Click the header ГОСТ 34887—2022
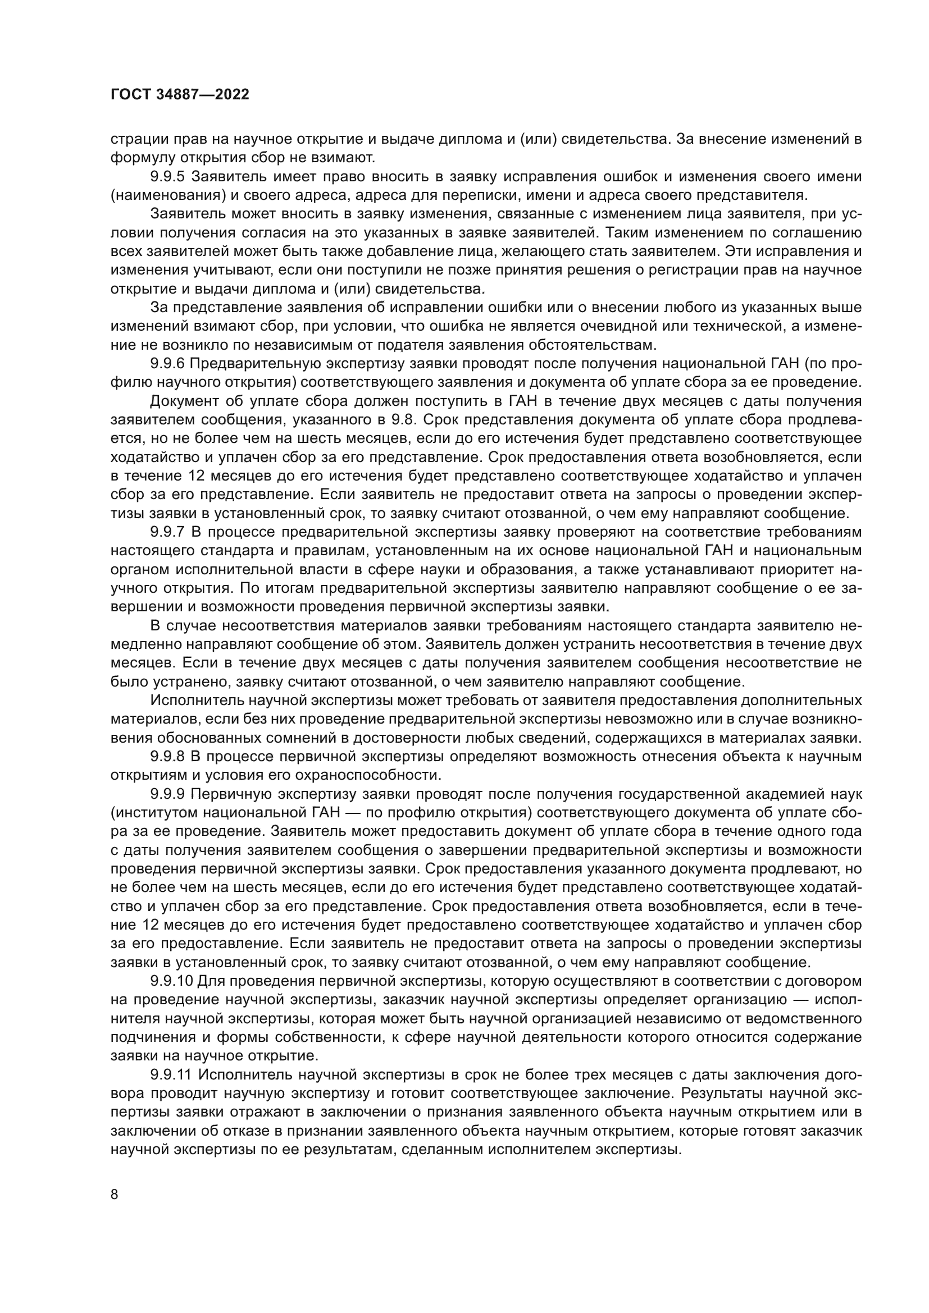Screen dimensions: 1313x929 click(180, 95)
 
